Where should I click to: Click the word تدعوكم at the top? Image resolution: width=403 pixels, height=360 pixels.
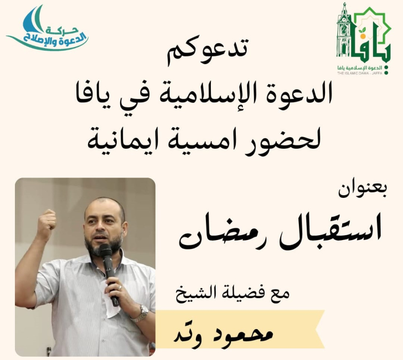pos(208,52)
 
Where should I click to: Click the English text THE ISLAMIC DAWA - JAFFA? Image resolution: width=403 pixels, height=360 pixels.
pos(360,73)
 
